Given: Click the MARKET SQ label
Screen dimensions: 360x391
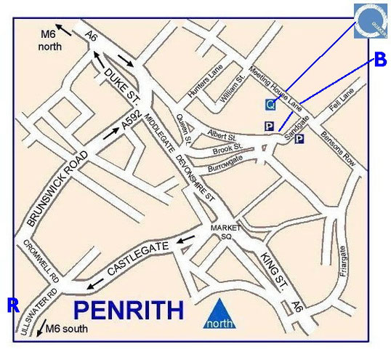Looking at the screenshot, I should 225,231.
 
